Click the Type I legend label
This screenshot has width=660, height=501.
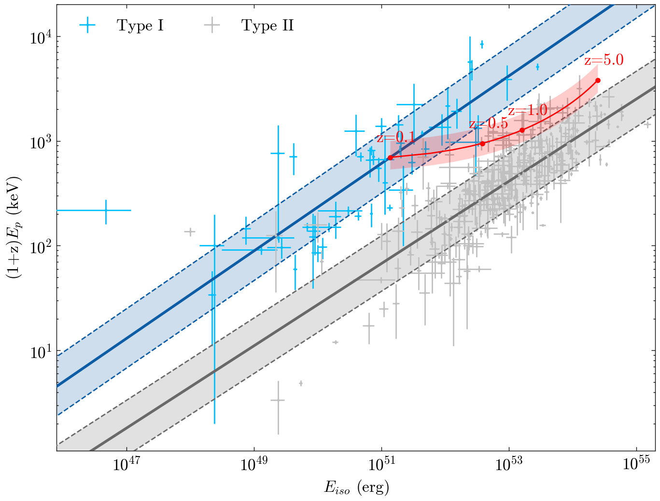tap(140, 26)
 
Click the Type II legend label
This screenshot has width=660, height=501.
tap(267, 26)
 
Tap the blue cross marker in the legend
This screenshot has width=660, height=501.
tap(88, 26)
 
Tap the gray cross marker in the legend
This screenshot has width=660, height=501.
tap(212, 26)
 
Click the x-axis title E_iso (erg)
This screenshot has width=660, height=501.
tap(356, 487)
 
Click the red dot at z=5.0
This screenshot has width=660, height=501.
tap(598, 80)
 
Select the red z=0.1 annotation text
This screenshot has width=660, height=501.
tap(395, 138)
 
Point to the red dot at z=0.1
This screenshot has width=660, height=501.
tap(390, 157)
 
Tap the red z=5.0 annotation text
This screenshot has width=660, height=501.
tap(604, 60)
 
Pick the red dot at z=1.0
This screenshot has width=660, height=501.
tap(522, 130)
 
